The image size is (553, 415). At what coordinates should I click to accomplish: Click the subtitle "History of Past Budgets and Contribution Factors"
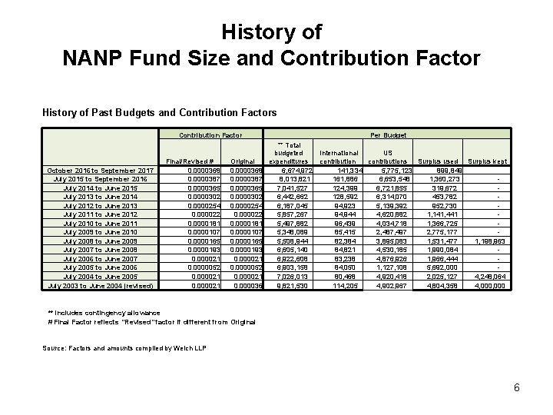[159, 113]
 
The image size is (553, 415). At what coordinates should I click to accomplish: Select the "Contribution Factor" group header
[205, 134]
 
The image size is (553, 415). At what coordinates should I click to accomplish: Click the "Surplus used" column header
[439, 161]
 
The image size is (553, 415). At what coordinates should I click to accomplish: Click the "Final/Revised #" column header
[187, 161]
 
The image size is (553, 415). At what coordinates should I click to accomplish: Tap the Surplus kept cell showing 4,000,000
[489, 286]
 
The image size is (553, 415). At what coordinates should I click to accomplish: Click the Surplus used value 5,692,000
[441, 268]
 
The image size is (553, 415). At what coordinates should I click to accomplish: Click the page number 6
[516, 387]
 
